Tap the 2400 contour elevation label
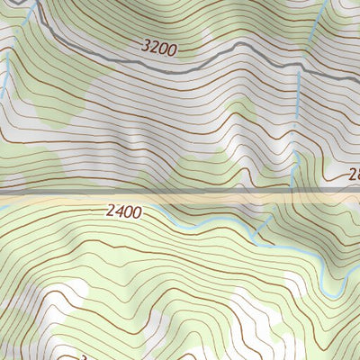(122, 212)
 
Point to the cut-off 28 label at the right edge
(353, 176)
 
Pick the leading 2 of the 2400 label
(109, 212)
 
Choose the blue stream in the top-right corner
(315, 27)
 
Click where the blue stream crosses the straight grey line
(297, 191)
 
